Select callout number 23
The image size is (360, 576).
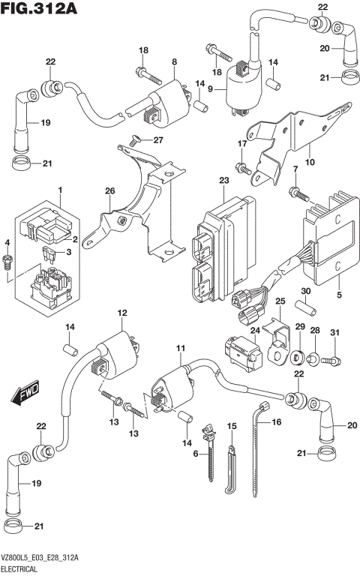pos(223,181)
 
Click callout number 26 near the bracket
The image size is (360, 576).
pos(110,191)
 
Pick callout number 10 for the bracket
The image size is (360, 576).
pos(310,161)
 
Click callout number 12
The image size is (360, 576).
pos(121,312)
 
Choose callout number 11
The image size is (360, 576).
pos(180,349)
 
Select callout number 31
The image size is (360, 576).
pos(334,333)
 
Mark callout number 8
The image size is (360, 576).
pos(174,62)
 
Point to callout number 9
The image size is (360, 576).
pos(211,89)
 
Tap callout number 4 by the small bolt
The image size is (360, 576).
pos(7,242)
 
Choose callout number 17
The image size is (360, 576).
pos(241,143)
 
